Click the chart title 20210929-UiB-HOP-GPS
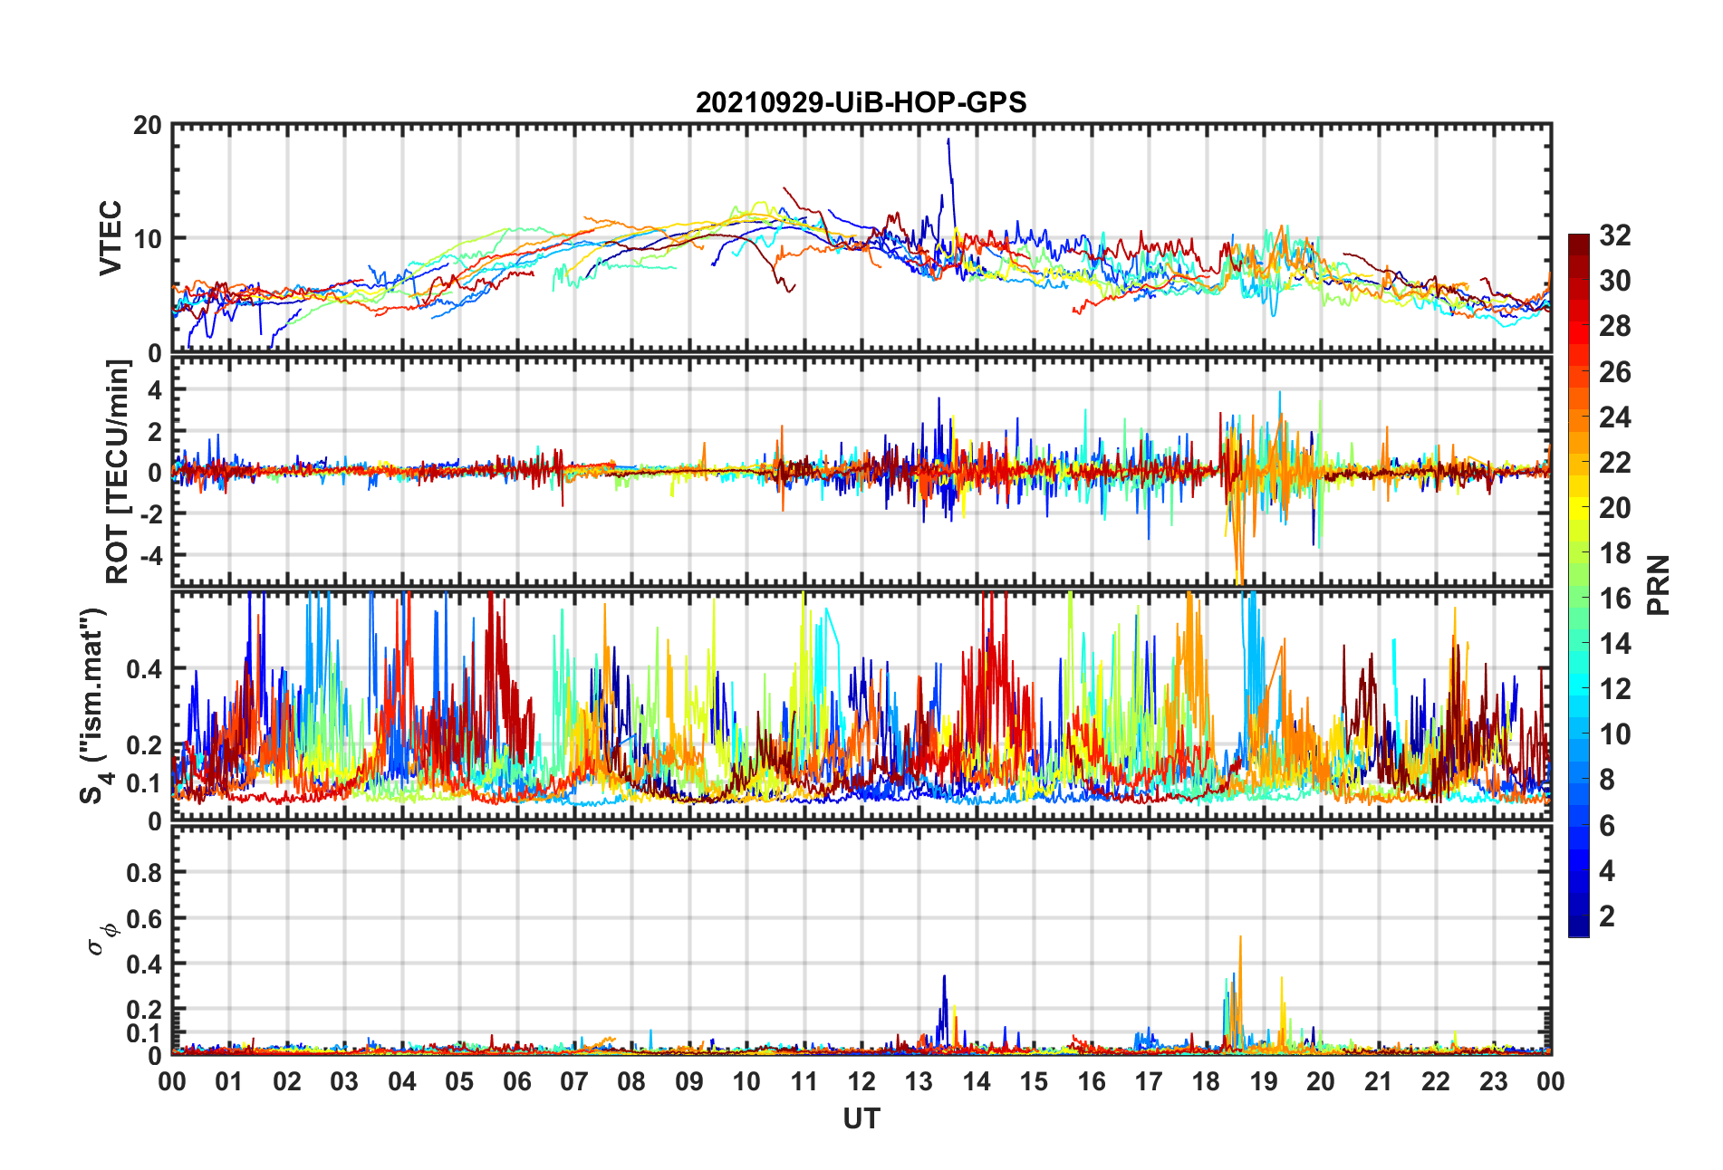point(861,102)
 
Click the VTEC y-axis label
point(111,238)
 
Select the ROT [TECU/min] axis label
point(118,471)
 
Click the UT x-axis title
point(861,1119)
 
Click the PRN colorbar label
point(1659,585)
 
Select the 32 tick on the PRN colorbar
point(1614,235)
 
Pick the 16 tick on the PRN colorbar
point(1614,599)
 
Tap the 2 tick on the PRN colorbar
point(1607,916)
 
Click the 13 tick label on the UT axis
point(919,1081)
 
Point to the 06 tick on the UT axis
point(516,1081)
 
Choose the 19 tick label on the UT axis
point(1263,1081)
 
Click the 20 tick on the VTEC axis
point(147,126)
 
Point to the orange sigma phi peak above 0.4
point(1240,938)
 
